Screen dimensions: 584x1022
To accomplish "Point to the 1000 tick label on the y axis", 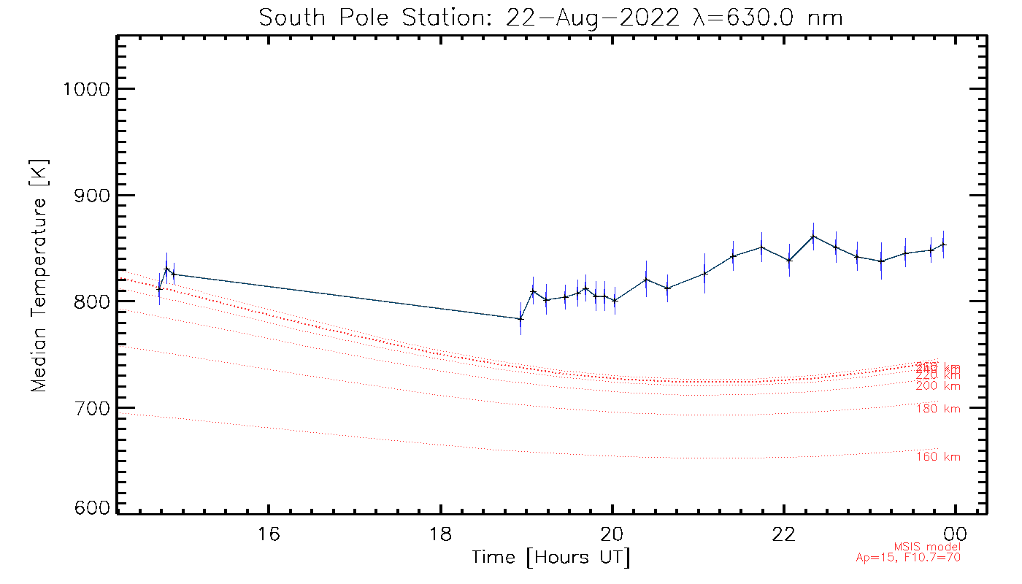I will [x=87, y=89].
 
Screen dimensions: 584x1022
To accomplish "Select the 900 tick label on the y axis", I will [x=90, y=196].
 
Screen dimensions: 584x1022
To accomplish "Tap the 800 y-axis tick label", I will [x=90, y=301].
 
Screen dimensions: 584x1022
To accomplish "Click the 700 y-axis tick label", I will [x=90, y=407].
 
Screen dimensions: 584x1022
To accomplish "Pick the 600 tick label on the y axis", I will [x=90, y=509].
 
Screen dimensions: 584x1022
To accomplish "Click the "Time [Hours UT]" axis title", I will [x=551, y=558].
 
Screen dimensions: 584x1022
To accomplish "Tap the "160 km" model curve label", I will [x=938, y=457].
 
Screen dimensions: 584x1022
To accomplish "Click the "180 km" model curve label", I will [x=938, y=409].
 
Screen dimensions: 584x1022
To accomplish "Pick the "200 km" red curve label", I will [x=938, y=386].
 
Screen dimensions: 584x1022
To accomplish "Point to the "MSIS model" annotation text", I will [x=927, y=547].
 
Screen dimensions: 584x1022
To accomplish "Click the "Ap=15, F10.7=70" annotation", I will [x=908, y=558].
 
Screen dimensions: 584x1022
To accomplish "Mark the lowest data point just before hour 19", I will [x=520, y=318].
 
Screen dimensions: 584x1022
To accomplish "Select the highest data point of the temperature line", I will [x=813, y=236].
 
